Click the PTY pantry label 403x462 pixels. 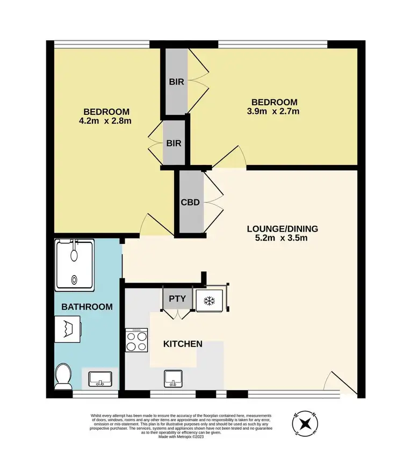pyautogui.click(x=176, y=298)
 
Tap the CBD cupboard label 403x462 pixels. pyautogui.click(x=191, y=203)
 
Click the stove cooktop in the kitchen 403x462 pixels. pyautogui.click(x=136, y=341)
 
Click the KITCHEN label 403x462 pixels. pyautogui.click(x=183, y=344)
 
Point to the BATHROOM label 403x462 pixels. pyautogui.click(x=87, y=307)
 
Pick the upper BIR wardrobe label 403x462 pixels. pyautogui.click(x=176, y=82)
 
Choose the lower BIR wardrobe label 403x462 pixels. pyautogui.click(x=174, y=143)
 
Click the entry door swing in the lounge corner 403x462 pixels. pyautogui.click(x=339, y=382)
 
